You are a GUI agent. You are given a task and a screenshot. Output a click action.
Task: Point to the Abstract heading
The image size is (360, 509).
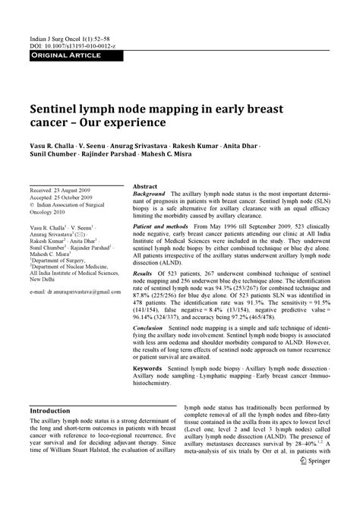tap(145, 187)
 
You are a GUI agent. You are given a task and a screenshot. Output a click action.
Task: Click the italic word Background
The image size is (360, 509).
tap(150, 195)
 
